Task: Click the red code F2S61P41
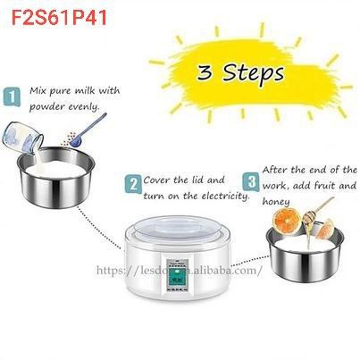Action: pyautogui.click(x=59, y=17)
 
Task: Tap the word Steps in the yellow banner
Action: pyautogui.click(x=254, y=73)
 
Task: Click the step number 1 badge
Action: pyautogui.click(x=12, y=96)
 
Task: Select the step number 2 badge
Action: pyautogui.click(x=133, y=185)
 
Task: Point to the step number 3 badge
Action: pyautogui.click(x=252, y=181)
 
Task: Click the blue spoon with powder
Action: pyautogui.click(x=88, y=130)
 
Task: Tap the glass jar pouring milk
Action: pyautogui.click(x=23, y=138)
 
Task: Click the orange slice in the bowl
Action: pyautogui.click(x=288, y=222)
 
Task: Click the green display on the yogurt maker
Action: pyautogui.click(x=177, y=278)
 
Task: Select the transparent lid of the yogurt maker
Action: pyautogui.click(x=178, y=229)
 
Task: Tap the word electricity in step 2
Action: pyautogui.click(x=225, y=197)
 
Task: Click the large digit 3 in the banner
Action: pyautogui.click(x=205, y=72)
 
